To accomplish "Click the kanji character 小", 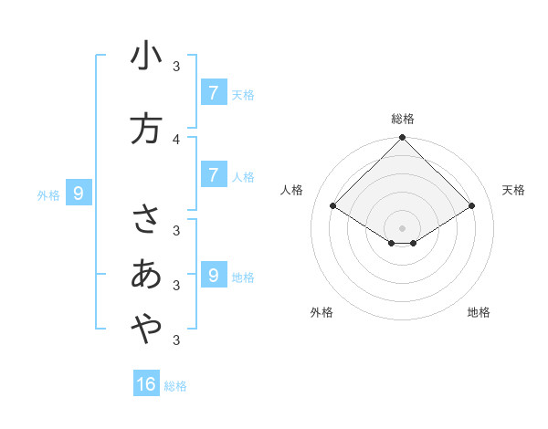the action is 146,57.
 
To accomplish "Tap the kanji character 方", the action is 146,129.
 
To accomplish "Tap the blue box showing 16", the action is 146,384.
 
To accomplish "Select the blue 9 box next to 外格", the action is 79,193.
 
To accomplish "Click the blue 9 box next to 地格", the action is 213,275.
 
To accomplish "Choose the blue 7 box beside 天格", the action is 213,92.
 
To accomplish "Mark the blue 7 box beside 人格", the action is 213,174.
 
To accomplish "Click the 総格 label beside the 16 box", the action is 175,386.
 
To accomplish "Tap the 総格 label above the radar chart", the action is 402,119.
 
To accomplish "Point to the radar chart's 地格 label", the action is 479,313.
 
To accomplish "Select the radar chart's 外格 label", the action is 321,313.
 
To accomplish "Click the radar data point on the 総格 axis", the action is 402,138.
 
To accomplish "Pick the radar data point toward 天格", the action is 471,206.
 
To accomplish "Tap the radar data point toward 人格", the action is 333,206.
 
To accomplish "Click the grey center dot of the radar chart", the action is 402,227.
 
